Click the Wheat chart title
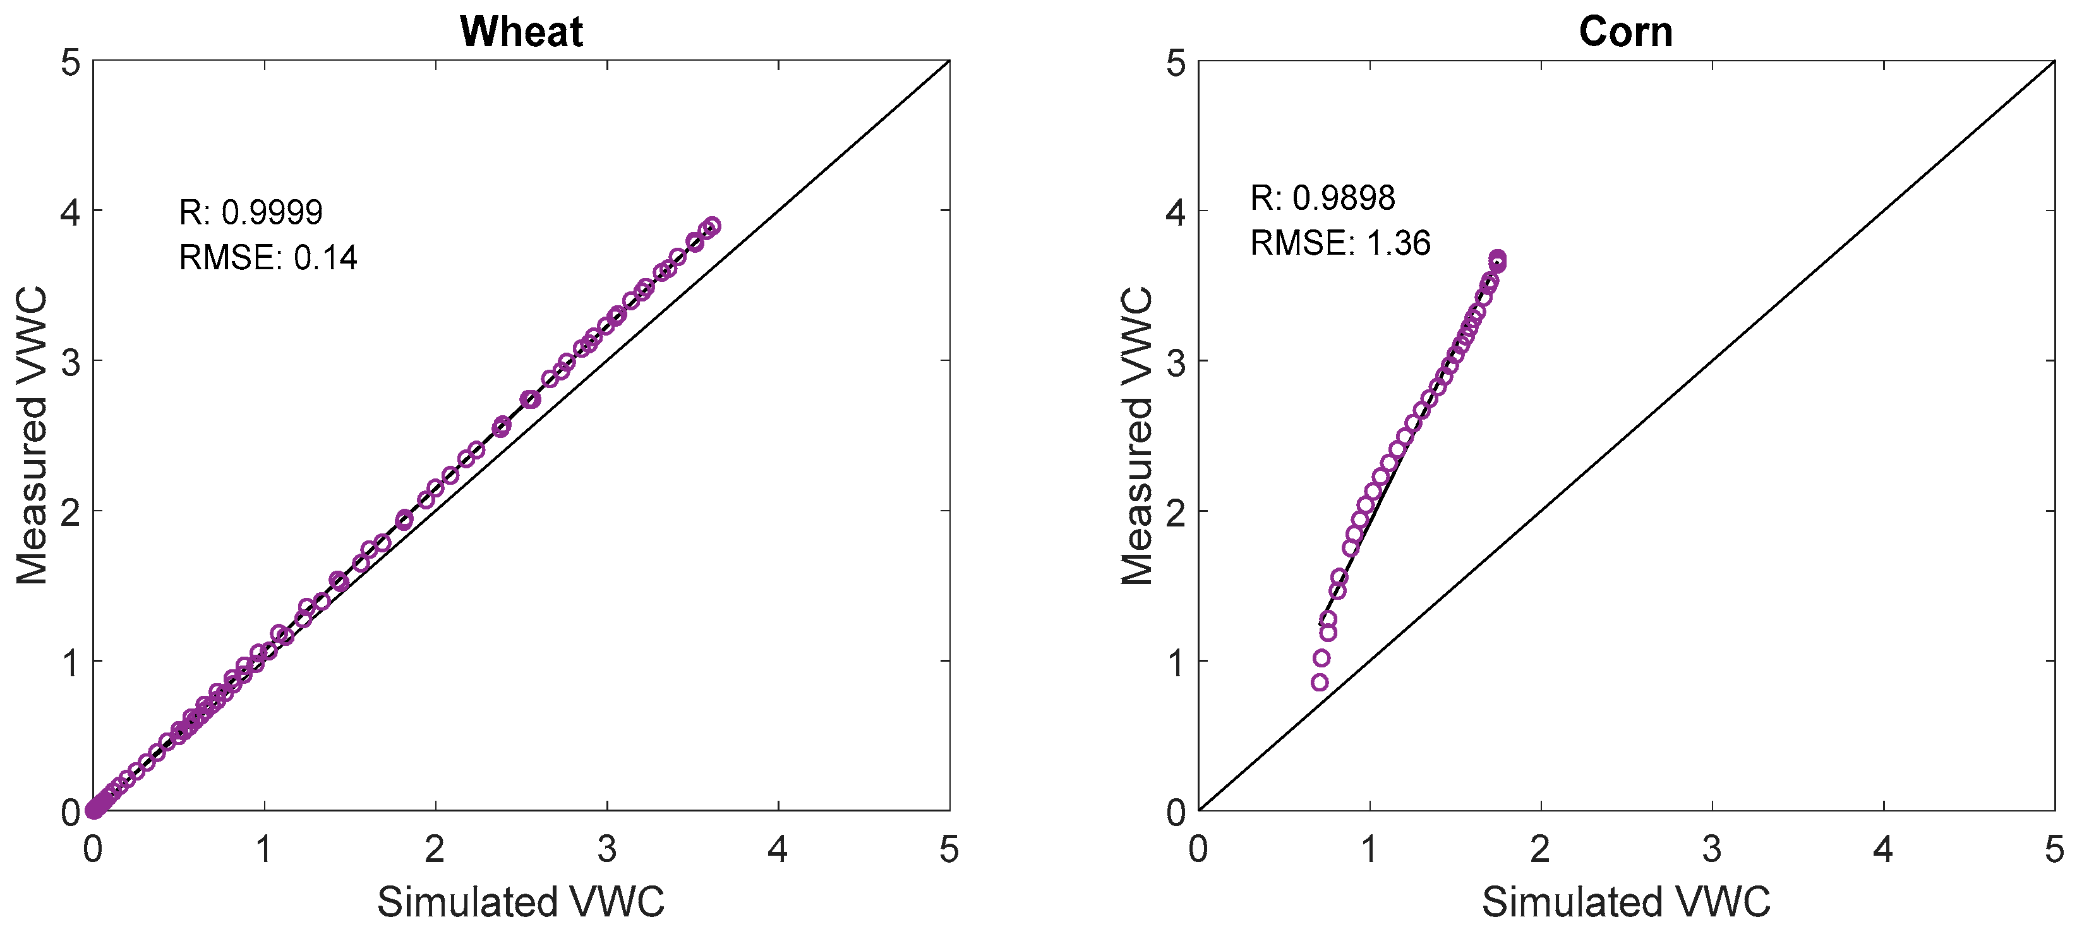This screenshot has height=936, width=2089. pyautogui.click(x=521, y=32)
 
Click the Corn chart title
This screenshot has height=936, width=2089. pyautogui.click(x=1625, y=32)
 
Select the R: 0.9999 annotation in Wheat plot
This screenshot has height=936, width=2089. pyautogui.click(x=251, y=212)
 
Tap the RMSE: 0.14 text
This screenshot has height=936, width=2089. pyautogui.click(x=268, y=258)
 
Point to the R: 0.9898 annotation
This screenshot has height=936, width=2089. pyautogui.click(x=1322, y=198)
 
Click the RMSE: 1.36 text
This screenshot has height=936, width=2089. pyautogui.click(x=1340, y=243)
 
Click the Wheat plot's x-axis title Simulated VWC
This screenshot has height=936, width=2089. pyautogui.click(x=521, y=902)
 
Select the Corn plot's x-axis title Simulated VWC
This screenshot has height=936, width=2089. pyautogui.click(x=1626, y=902)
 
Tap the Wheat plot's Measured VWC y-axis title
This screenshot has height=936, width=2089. pyautogui.click(x=32, y=435)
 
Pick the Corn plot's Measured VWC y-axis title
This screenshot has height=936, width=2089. pyautogui.click(x=1137, y=435)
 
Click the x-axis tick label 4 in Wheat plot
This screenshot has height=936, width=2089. pyautogui.click(x=778, y=849)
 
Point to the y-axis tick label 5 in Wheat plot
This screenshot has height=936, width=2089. pyautogui.click(x=71, y=63)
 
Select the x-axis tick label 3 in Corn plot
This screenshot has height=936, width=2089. pyautogui.click(x=1712, y=849)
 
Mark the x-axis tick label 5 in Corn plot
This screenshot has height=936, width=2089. pyautogui.click(x=2054, y=849)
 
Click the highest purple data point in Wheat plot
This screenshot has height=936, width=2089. pyautogui.click(x=711, y=226)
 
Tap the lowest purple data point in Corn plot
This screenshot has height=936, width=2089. pyautogui.click(x=1320, y=682)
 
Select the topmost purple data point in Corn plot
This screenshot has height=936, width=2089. pyautogui.click(x=1497, y=258)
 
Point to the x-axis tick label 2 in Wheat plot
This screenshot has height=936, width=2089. pyautogui.click(x=435, y=849)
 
